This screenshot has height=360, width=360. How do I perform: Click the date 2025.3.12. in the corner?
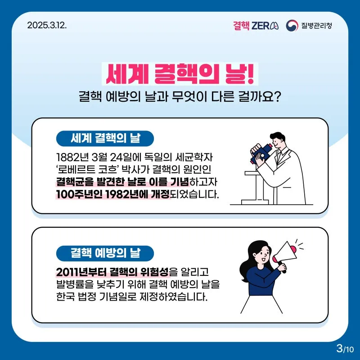click(x=47, y=25)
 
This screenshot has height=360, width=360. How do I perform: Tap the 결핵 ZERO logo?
click(x=256, y=26)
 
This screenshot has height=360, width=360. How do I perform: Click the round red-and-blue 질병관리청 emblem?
click(x=292, y=26)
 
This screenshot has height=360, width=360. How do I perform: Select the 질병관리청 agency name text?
click(x=317, y=26)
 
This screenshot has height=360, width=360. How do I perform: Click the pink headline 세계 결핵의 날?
click(x=180, y=74)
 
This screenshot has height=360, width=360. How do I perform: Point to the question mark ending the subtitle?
click(x=277, y=97)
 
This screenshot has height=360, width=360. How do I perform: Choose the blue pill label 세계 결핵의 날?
click(x=105, y=139)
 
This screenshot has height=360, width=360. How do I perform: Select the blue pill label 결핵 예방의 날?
click(x=105, y=253)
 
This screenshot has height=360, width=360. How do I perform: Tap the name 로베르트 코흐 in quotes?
click(x=87, y=170)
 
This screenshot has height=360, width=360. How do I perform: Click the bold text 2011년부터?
click(x=81, y=272)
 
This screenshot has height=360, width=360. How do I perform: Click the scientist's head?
click(x=277, y=140)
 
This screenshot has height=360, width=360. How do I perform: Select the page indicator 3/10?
click(x=345, y=348)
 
